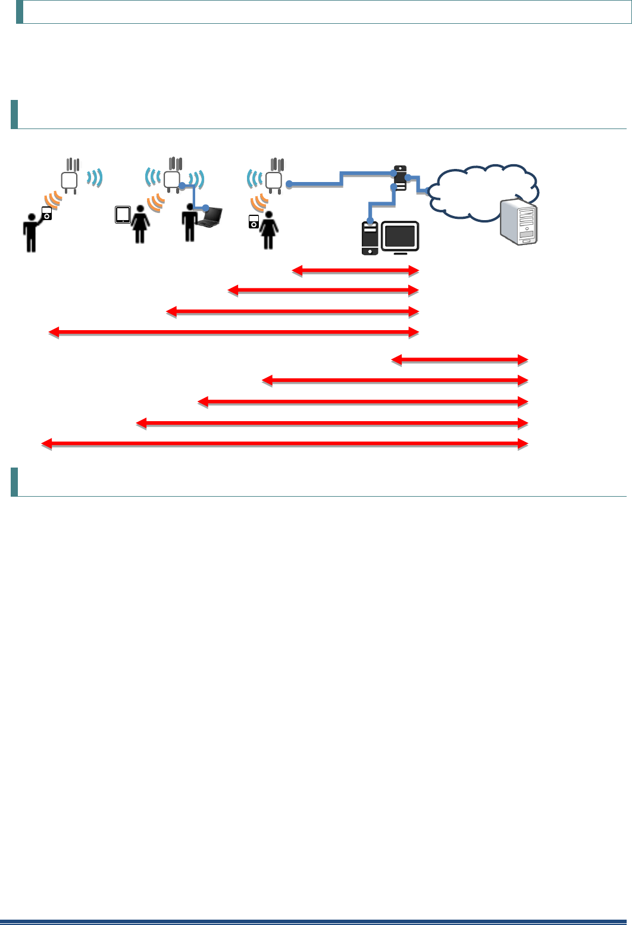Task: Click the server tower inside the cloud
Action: pyautogui.click(x=520, y=222)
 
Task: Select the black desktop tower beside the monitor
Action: pyautogui.click(x=370, y=238)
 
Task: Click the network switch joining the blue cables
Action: pyautogui.click(x=400, y=178)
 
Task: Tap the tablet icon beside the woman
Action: pyautogui.click(x=123, y=215)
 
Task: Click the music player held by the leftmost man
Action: pyautogui.click(x=47, y=213)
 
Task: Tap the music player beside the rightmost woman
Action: pyautogui.click(x=253, y=222)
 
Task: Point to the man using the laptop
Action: pyautogui.click(x=189, y=222)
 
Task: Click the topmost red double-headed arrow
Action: pyautogui.click(x=355, y=271)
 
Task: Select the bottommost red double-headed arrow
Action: pyautogui.click(x=284, y=444)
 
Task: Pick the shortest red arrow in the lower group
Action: pyautogui.click(x=459, y=360)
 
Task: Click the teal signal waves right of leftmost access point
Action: pyautogui.click(x=95, y=177)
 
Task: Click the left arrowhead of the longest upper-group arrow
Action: pyautogui.click(x=54, y=333)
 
